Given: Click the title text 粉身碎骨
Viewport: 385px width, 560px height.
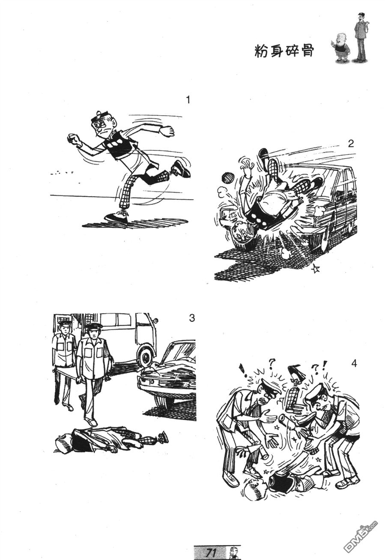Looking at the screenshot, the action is click(284, 52).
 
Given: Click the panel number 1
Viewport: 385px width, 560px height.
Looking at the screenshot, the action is click(188, 100).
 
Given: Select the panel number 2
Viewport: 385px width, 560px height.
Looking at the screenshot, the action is click(351, 144).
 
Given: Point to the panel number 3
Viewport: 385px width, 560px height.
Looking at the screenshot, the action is click(191, 318).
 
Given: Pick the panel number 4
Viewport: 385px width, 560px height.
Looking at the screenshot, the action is click(354, 363).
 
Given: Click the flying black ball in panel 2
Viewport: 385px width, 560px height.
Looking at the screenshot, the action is click(227, 177).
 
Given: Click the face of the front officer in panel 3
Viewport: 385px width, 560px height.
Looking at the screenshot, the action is click(93, 333).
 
